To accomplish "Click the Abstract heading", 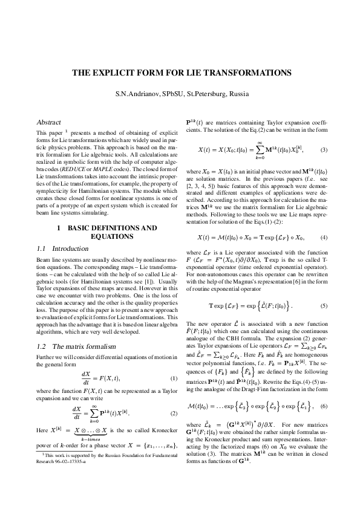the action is (x=49, y=122).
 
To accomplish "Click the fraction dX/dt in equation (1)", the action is (x=86, y=378).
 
